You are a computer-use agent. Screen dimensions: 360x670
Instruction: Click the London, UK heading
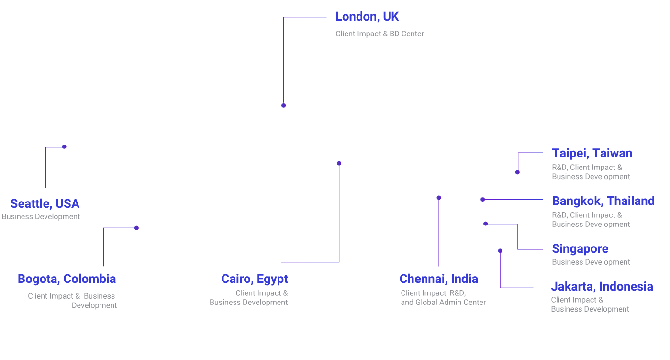[367, 17]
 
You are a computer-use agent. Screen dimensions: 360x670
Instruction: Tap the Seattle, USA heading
[45, 204]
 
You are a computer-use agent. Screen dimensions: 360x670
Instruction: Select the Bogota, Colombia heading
[67, 279]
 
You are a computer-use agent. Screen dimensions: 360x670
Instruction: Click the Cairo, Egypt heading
[255, 279]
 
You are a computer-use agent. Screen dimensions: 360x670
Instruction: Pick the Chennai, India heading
[438, 279]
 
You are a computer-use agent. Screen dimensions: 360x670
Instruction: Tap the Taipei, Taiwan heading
[592, 154]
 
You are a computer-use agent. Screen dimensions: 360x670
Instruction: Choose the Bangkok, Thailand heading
[603, 201]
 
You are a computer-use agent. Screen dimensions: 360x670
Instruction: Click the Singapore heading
[580, 249]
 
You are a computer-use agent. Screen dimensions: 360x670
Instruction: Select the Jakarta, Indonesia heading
[602, 287]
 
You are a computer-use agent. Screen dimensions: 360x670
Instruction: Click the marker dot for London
[283, 105]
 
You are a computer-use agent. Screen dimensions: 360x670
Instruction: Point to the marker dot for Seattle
[64, 146]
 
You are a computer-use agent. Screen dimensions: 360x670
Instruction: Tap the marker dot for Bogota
[136, 228]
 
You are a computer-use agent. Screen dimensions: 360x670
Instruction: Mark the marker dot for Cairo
[339, 163]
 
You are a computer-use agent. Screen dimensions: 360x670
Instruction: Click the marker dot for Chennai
[439, 198]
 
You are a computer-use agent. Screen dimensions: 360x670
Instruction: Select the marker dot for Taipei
[517, 172]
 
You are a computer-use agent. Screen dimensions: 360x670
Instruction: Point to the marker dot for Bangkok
[482, 200]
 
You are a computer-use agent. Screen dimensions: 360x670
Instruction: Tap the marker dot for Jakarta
[500, 250]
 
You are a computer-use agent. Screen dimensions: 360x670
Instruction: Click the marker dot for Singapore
[485, 224]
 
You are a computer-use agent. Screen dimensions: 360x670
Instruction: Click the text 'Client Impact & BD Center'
[380, 34]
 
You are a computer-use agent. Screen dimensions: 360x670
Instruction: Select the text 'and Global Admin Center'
[443, 303]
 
